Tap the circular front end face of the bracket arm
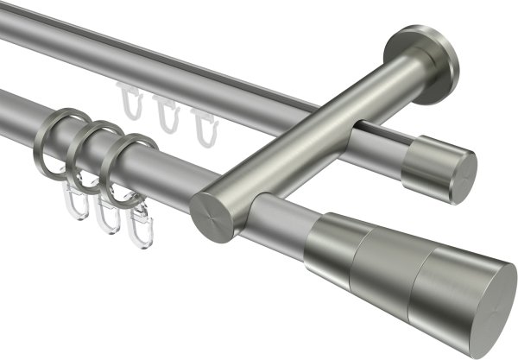tap(209, 217)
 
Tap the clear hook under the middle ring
tap(105, 216)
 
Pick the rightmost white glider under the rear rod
tap(203, 126)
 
